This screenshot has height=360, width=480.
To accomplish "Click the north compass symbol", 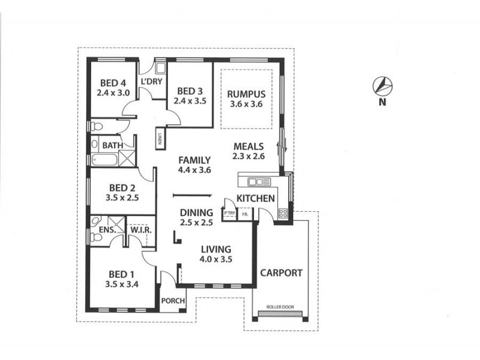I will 382,86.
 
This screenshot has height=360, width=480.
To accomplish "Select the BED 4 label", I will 113,83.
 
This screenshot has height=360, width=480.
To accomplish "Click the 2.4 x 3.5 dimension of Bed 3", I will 190,101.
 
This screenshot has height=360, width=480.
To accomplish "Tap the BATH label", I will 112,145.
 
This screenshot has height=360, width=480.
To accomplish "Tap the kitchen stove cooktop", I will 283,212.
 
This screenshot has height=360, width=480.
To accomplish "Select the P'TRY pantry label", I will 229,214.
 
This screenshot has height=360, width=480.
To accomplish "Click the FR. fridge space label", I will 244,214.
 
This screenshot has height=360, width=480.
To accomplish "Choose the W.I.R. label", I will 140,230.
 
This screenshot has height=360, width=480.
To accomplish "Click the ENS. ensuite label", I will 107,229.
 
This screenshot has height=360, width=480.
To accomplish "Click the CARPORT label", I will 281,272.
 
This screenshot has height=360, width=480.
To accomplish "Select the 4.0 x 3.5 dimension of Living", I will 216,259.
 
